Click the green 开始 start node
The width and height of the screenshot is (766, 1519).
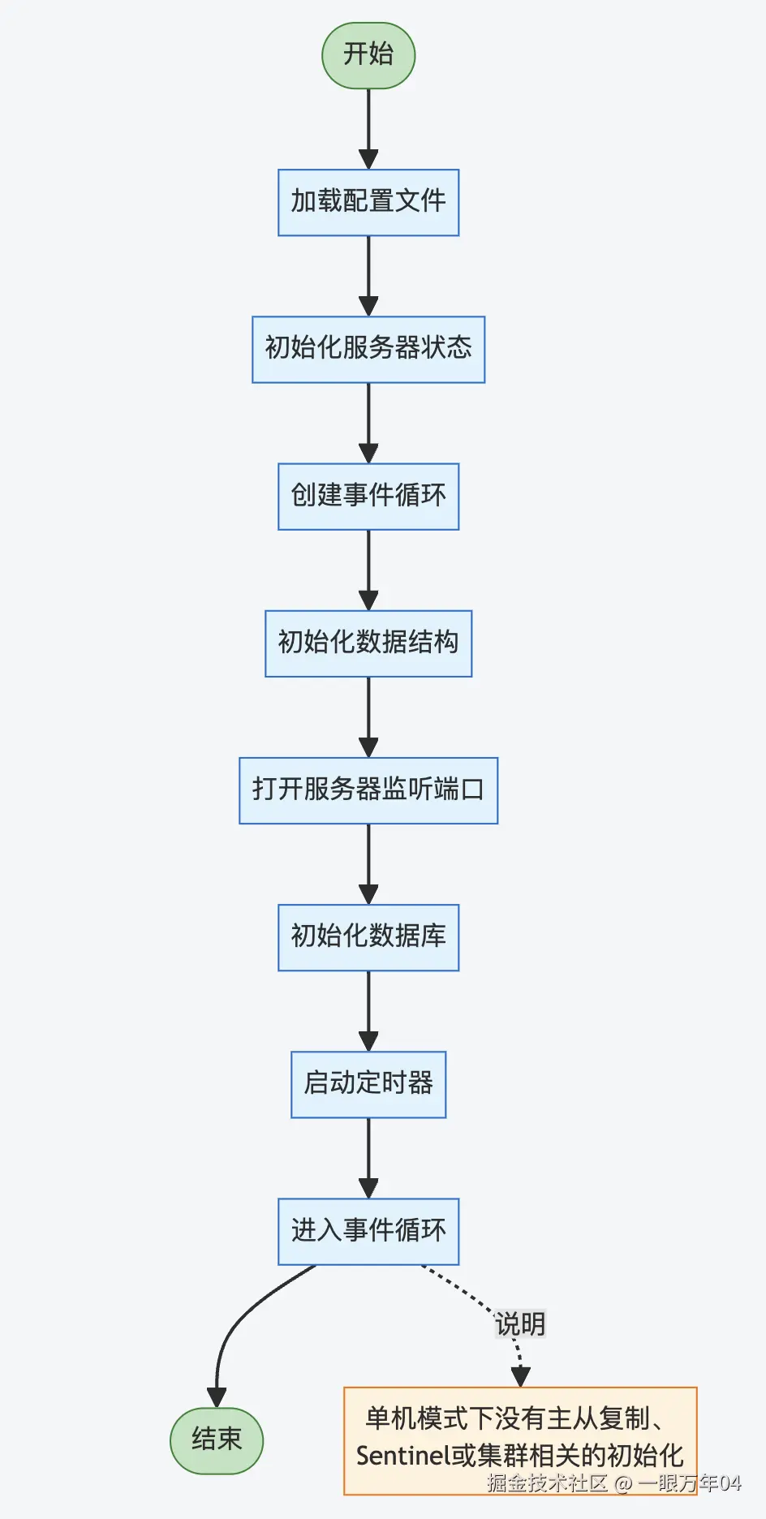tap(368, 54)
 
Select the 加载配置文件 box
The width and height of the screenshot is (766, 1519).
tap(368, 202)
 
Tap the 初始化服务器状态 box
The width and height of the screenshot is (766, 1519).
tap(368, 349)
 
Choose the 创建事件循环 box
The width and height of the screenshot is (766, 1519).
tap(368, 496)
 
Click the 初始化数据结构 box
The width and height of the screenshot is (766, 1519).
tap(368, 643)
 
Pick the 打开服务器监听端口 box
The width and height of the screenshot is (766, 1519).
tap(368, 790)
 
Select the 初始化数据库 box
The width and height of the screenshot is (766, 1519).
tap(368, 936)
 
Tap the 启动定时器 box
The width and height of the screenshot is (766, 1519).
tap(368, 1084)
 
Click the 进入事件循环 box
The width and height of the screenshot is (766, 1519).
tap(368, 1231)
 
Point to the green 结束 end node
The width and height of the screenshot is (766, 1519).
tap(217, 1440)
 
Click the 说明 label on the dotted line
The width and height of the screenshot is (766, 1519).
tap(520, 1324)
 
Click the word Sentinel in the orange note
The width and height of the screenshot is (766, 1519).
tap(402, 1456)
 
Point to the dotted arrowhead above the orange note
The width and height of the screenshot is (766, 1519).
tap(520, 1376)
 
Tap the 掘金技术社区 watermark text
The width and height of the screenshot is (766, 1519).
tap(547, 1483)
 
